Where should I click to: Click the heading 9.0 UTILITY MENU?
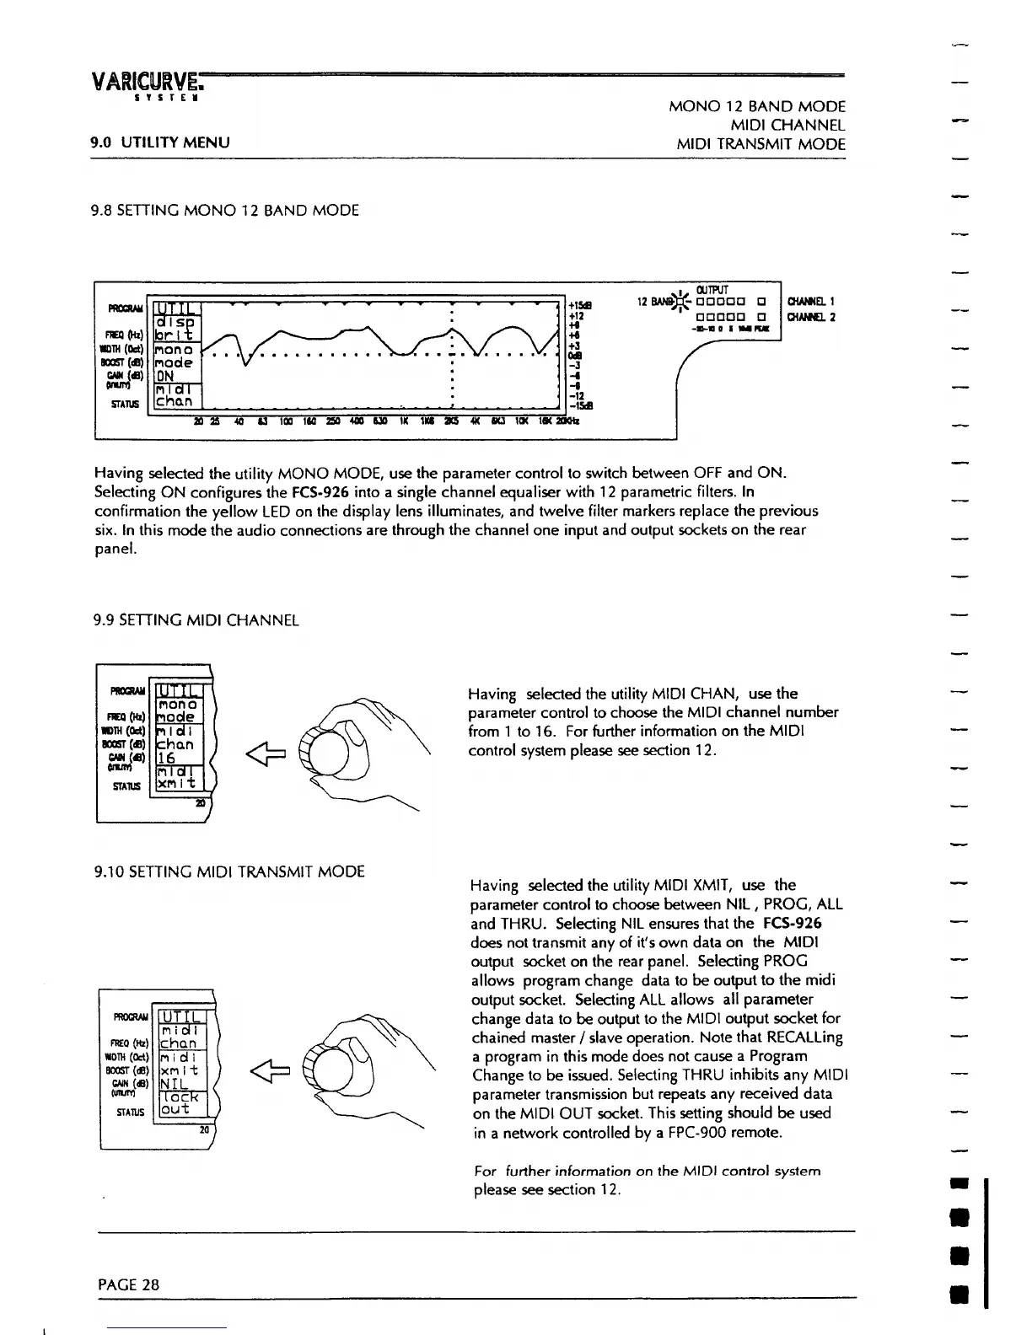click(161, 143)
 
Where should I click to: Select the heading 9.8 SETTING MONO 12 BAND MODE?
click(226, 210)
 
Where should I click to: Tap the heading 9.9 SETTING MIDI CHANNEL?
click(196, 621)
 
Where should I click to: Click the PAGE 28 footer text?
click(128, 1284)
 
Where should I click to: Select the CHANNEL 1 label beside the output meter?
click(810, 301)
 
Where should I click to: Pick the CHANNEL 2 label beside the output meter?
click(810, 317)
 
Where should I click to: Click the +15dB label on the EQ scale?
click(581, 305)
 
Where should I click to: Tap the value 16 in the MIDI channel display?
click(167, 759)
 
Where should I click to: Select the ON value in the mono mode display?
click(165, 376)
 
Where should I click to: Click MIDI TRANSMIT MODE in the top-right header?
click(761, 144)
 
